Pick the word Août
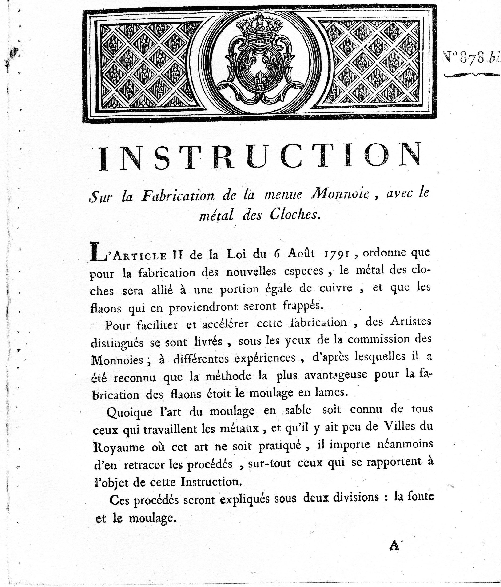point(301,253)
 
